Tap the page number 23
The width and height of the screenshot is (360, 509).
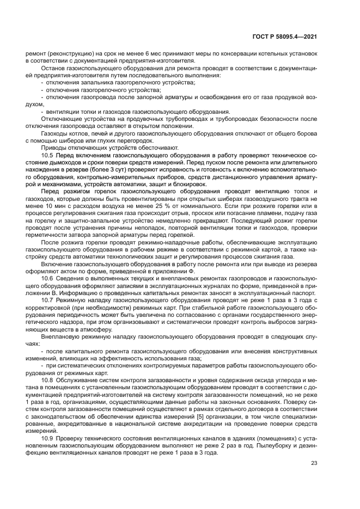point(314,464)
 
